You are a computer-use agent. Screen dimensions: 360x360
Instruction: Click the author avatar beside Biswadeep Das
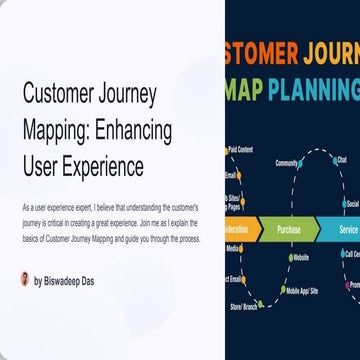click(x=25, y=279)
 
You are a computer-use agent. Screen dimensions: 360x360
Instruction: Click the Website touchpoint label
click(x=300, y=258)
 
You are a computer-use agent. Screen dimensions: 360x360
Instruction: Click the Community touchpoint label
click(x=288, y=163)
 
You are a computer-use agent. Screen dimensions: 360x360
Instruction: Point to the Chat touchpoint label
click(x=342, y=160)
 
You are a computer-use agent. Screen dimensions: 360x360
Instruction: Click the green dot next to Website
click(x=286, y=258)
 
